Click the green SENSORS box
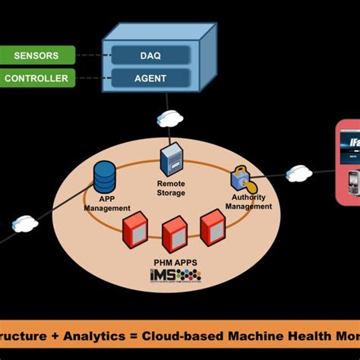click(38, 55)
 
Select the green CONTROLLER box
click(38, 77)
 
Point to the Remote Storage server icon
click(170, 161)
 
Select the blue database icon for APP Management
click(104, 177)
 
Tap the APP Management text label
click(106, 203)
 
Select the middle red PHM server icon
click(174, 234)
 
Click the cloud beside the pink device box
click(299, 173)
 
